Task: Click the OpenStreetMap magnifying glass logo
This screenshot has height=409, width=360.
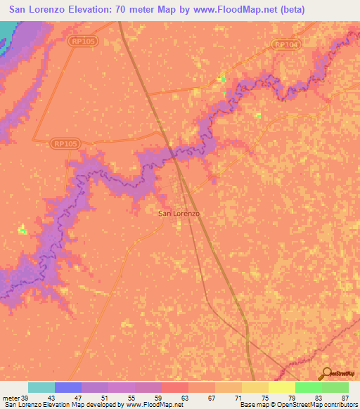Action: coord(325,374)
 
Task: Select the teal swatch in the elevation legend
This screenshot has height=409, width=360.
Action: coord(41,387)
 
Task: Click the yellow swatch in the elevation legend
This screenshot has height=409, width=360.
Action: coord(255,387)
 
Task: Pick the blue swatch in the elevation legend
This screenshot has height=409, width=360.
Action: coord(68,387)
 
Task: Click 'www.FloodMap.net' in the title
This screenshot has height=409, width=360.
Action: coord(238,8)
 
